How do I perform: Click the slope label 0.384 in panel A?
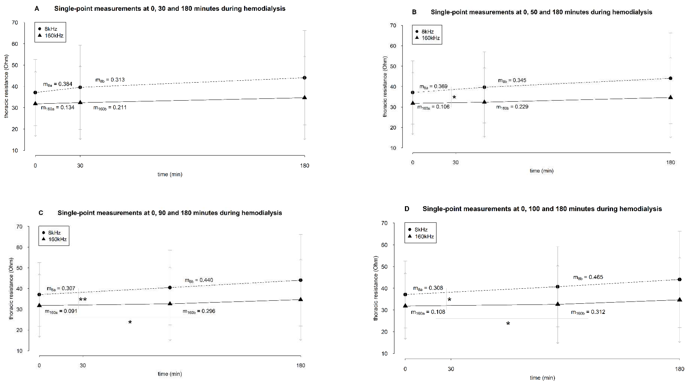pyautogui.click(x=58, y=84)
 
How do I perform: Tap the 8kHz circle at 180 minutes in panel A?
pyautogui.click(x=305, y=78)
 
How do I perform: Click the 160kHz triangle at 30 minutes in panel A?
pyautogui.click(x=80, y=102)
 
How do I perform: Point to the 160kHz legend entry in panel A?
pyautogui.click(x=51, y=36)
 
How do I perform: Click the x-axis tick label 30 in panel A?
pyautogui.click(x=80, y=166)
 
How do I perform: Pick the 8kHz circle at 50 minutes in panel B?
pyautogui.click(x=484, y=87)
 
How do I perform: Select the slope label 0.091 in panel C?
pyautogui.click(x=61, y=311)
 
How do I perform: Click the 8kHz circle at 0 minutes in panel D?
pyautogui.click(x=405, y=294)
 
